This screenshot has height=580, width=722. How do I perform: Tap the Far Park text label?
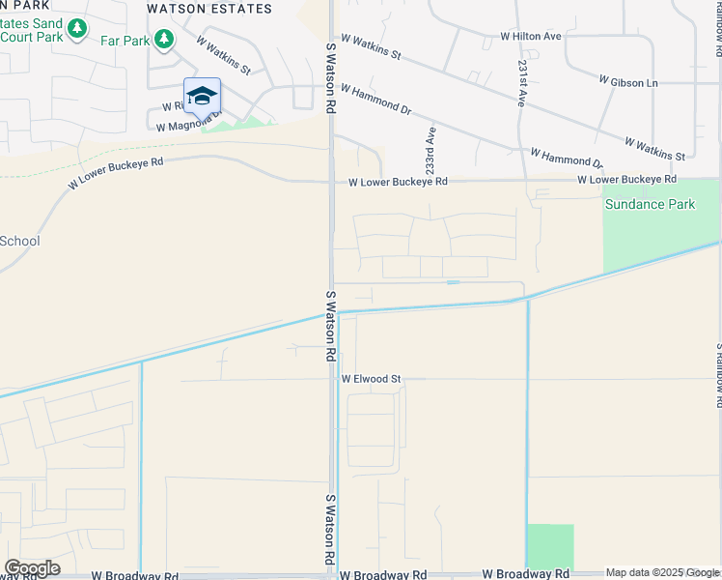click(x=125, y=41)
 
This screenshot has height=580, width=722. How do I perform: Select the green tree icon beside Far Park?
click(x=165, y=39)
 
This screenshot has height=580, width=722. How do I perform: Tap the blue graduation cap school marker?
click(x=202, y=96)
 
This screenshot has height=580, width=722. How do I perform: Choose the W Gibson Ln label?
click(x=627, y=82)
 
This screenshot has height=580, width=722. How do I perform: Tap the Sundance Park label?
click(x=650, y=204)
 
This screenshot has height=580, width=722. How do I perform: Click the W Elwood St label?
click(x=371, y=380)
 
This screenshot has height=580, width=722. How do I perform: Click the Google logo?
click(x=32, y=568)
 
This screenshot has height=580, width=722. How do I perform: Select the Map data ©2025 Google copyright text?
click(x=662, y=573)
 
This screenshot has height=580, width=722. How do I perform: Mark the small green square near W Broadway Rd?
click(x=550, y=547)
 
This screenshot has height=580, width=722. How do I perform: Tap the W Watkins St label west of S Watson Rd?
click(x=223, y=56)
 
